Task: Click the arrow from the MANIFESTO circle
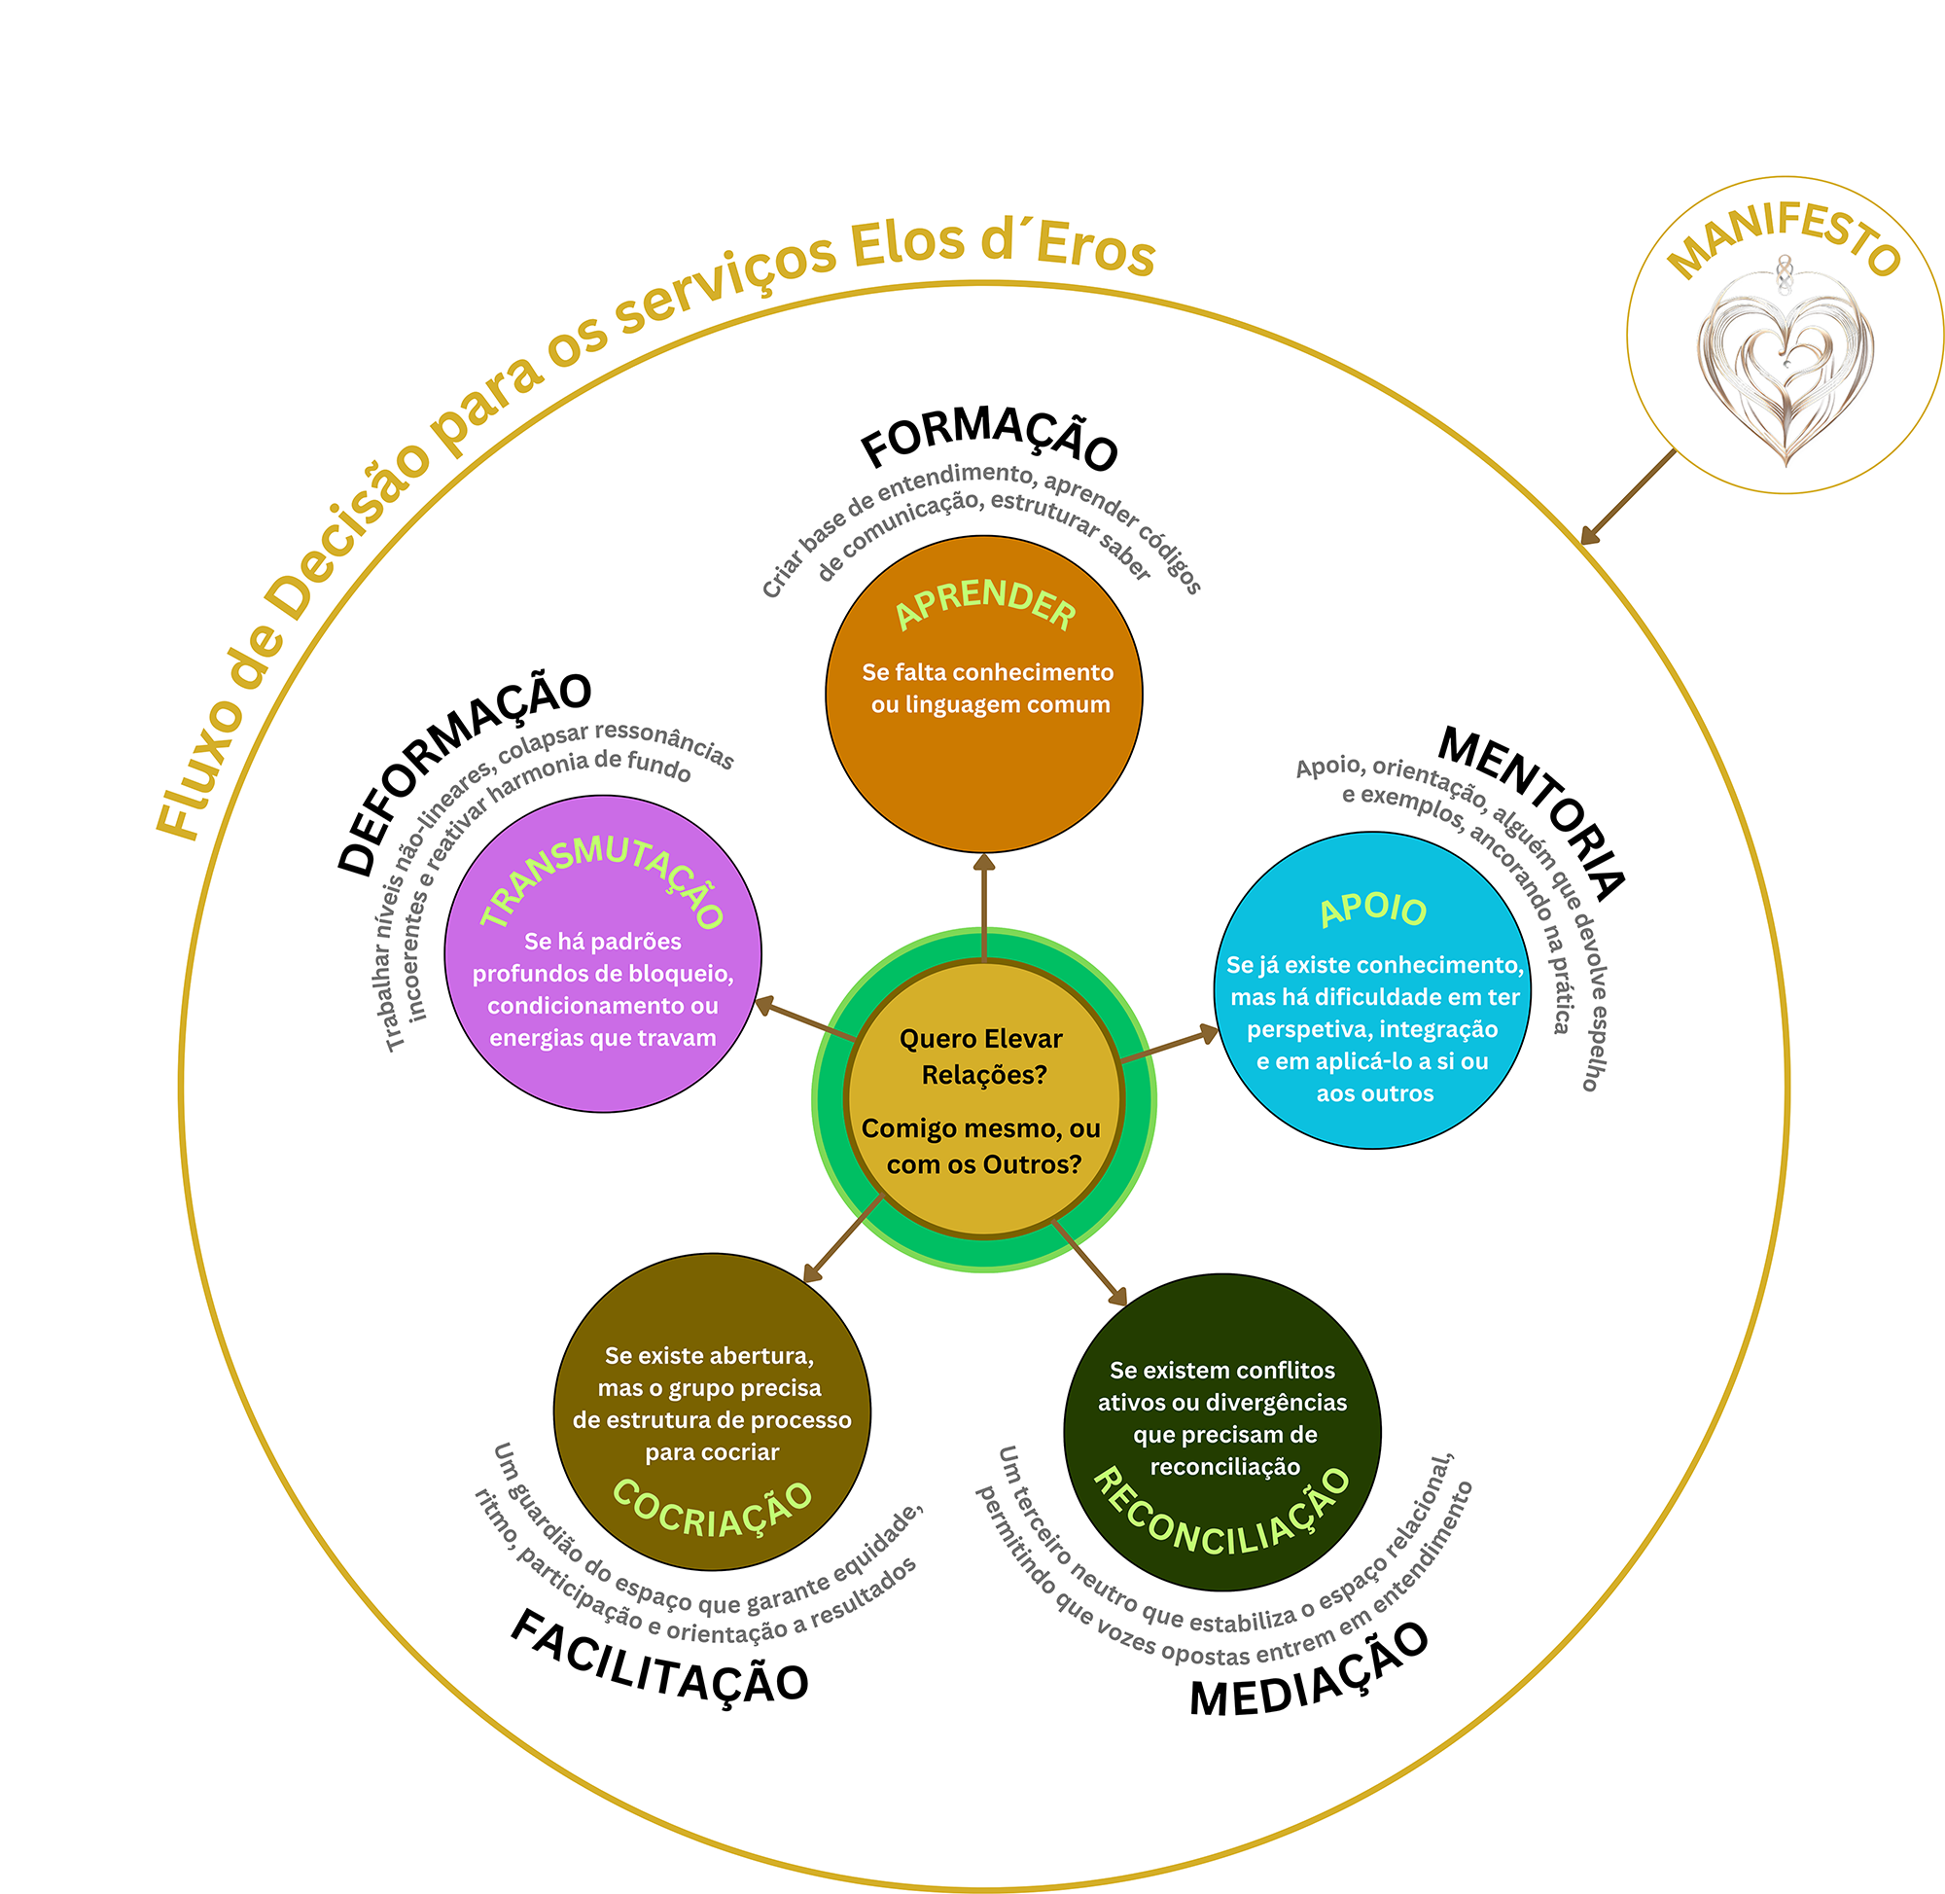click(x=1628, y=497)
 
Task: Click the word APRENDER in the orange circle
click(x=984, y=603)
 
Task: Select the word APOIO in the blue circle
click(x=1372, y=909)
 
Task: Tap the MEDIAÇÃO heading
click(x=1309, y=1671)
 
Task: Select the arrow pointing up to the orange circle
click(x=983, y=906)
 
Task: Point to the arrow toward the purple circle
click(x=805, y=1019)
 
